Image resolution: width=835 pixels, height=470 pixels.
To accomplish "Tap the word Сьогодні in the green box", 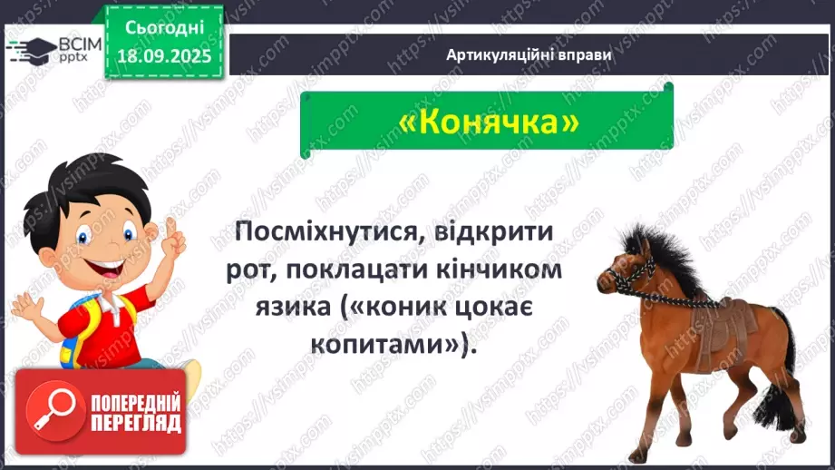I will (x=162, y=27).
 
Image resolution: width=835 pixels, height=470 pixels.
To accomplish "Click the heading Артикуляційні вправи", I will (x=529, y=54).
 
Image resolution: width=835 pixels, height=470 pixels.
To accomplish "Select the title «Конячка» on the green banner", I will (x=487, y=121).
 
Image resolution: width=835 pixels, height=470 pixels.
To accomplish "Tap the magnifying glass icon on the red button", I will (x=46, y=411).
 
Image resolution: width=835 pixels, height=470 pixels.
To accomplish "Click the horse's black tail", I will (x=780, y=381).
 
